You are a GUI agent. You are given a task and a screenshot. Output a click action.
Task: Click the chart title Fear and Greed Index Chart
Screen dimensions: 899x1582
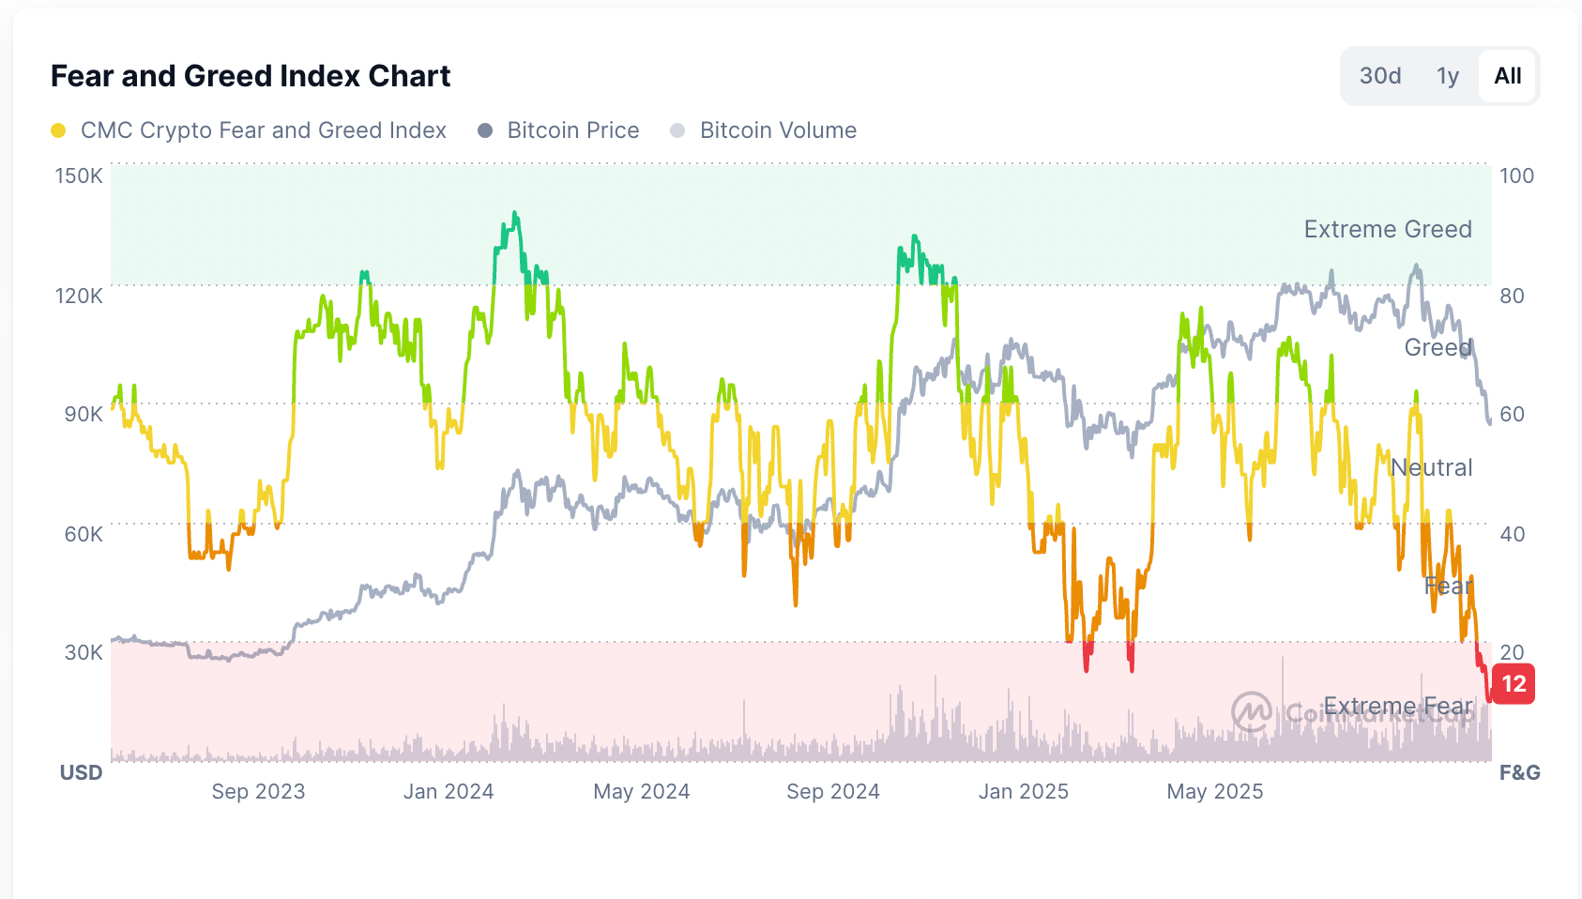(251, 76)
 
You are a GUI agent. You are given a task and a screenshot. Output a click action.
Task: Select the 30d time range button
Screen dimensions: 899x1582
(1380, 76)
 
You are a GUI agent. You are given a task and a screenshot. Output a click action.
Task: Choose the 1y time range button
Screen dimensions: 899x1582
(1448, 76)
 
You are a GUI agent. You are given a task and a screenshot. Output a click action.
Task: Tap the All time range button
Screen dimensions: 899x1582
(1507, 76)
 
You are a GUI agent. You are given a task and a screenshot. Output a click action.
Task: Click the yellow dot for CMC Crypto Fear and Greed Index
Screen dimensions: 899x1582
(58, 130)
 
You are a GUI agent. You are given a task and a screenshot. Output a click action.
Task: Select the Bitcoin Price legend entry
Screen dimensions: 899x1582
(572, 130)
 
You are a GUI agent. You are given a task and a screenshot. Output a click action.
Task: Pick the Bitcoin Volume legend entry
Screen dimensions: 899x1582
(777, 130)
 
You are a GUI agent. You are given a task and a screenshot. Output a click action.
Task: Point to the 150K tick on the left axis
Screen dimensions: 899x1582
(79, 175)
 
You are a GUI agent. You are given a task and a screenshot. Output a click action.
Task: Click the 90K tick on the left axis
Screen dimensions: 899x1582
(84, 414)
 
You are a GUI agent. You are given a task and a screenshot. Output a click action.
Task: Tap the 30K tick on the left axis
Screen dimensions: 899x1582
(84, 652)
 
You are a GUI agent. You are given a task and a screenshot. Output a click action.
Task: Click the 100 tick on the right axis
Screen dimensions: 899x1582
(1516, 175)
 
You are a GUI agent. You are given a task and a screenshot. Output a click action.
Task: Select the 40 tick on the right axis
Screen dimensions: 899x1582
(1512, 534)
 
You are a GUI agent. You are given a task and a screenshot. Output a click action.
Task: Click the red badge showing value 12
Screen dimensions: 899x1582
(1514, 684)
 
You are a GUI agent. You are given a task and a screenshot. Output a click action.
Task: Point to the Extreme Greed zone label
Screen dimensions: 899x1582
(1387, 229)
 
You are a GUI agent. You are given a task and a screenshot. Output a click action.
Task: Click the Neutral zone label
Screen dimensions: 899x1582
(1431, 467)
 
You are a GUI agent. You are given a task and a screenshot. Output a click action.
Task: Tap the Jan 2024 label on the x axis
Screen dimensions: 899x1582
(449, 791)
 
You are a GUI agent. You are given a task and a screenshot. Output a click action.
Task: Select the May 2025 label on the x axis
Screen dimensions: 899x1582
(1214, 791)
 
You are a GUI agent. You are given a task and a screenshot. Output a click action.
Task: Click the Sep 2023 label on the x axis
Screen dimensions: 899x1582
(258, 791)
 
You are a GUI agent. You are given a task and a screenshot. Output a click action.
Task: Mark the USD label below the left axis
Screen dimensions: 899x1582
(81, 772)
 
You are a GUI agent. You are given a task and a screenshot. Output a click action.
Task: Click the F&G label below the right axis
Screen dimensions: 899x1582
(1519, 772)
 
